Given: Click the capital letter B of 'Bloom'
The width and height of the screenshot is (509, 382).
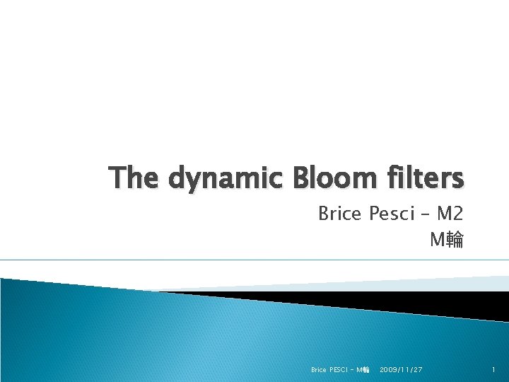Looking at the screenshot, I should pyautogui.click(x=279, y=178).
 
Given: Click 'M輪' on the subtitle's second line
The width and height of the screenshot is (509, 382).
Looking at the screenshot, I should pyautogui.click(x=447, y=241).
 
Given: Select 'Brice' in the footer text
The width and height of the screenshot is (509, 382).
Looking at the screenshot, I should pyautogui.click(x=319, y=370).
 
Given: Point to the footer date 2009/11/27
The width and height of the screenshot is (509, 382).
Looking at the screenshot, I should pyautogui.click(x=402, y=370).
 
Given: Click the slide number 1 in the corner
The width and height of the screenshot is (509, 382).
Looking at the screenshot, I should pyautogui.click(x=494, y=370).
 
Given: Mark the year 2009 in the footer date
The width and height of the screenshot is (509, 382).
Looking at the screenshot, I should pyautogui.click(x=390, y=370).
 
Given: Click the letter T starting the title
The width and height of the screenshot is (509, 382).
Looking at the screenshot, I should pyautogui.click(x=117, y=178).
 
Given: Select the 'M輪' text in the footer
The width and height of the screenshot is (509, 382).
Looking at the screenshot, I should pyautogui.click(x=363, y=370).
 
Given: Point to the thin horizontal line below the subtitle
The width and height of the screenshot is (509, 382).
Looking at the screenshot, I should pyautogui.click(x=255, y=260).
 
